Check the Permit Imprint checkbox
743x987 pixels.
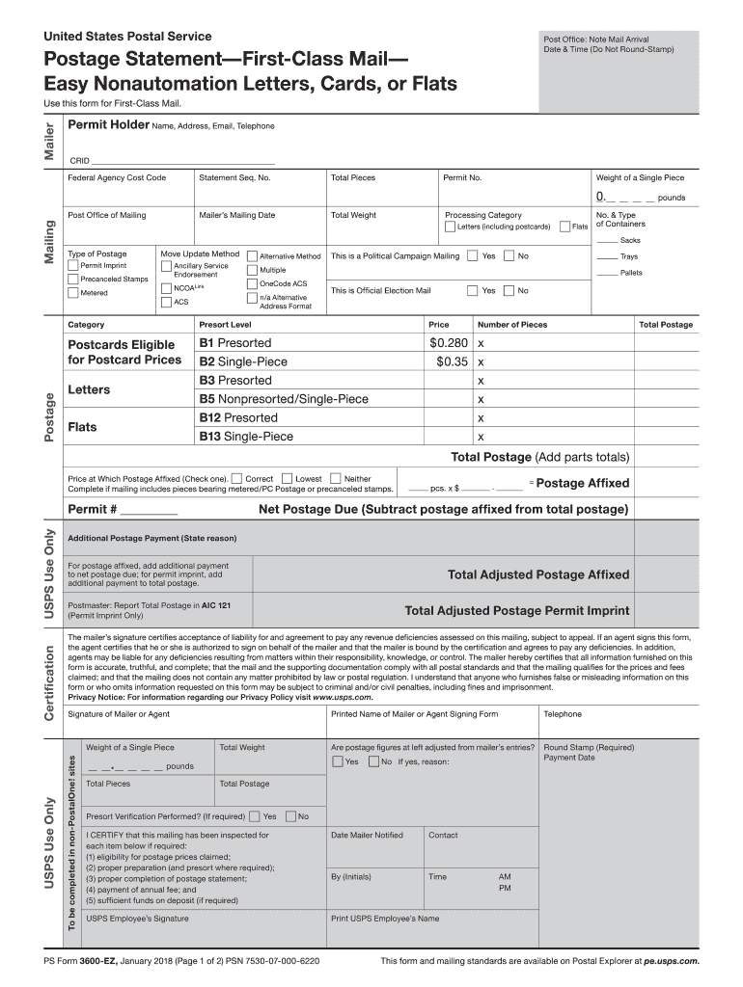(x=73, y=265)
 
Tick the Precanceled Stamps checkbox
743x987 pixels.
(x=73, y=280)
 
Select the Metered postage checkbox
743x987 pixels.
(x=73, y=293)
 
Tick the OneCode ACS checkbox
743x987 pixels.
(x=252, y=284)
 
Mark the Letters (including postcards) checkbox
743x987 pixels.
(x=450, y=227)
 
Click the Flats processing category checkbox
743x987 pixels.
(x=564, y=227)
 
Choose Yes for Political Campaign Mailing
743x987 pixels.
(x=472, y=256)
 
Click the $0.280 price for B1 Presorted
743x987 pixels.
(x=449, y=343)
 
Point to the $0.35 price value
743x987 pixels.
(x=452, y=361)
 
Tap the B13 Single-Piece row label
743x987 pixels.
(x=246, y=437)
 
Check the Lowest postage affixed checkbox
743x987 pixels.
(x=286, y=478)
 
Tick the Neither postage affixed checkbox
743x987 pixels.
(x=335, y=478)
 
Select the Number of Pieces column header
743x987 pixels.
(x=512, y=325)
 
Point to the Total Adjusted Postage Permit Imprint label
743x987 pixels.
(x=516, y=610)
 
